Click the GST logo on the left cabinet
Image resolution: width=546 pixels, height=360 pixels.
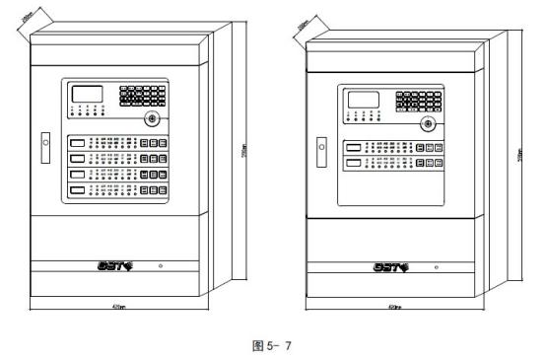tap(115, 264)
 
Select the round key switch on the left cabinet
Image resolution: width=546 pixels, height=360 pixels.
tap(151, 117)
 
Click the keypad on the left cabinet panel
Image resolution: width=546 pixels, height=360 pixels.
tap(142, 96)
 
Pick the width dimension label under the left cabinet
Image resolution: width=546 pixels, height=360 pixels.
tap(119, 307)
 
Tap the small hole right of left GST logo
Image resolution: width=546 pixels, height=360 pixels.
tap(161, 265)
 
